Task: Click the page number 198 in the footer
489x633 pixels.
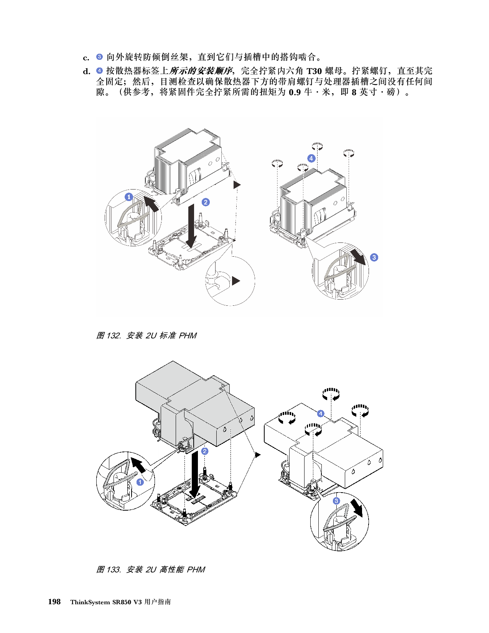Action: (x=54, y=602)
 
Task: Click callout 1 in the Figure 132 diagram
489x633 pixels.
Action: (x=129, y=197)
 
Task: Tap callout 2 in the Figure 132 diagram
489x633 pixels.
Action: (x=206, y=202)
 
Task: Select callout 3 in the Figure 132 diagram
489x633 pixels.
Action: (x=374, y=257)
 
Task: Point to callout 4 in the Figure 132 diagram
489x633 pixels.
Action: (x=311, y=158)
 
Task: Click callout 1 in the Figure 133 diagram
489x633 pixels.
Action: (x=140, y=482)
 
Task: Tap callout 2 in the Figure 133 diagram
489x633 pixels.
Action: (x=205, y=451)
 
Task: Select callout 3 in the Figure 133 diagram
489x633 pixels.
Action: (x=336, y=501)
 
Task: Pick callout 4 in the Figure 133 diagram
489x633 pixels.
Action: (x=321, y=414)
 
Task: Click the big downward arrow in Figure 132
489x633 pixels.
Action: (x=191, y=226)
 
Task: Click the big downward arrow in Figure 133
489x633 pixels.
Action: (x=195, y=474)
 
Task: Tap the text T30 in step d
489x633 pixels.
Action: (x=314, y=71)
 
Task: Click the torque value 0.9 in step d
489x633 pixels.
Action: (x=295, y=92)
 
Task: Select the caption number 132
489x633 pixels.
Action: (x=113, y=336)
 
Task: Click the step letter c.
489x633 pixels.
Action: (x=86, y=58)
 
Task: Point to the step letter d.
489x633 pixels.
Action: (x=87, y=71)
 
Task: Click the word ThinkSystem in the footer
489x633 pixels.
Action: (x=90, y=602)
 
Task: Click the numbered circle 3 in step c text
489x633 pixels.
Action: (x=100, y=56)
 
